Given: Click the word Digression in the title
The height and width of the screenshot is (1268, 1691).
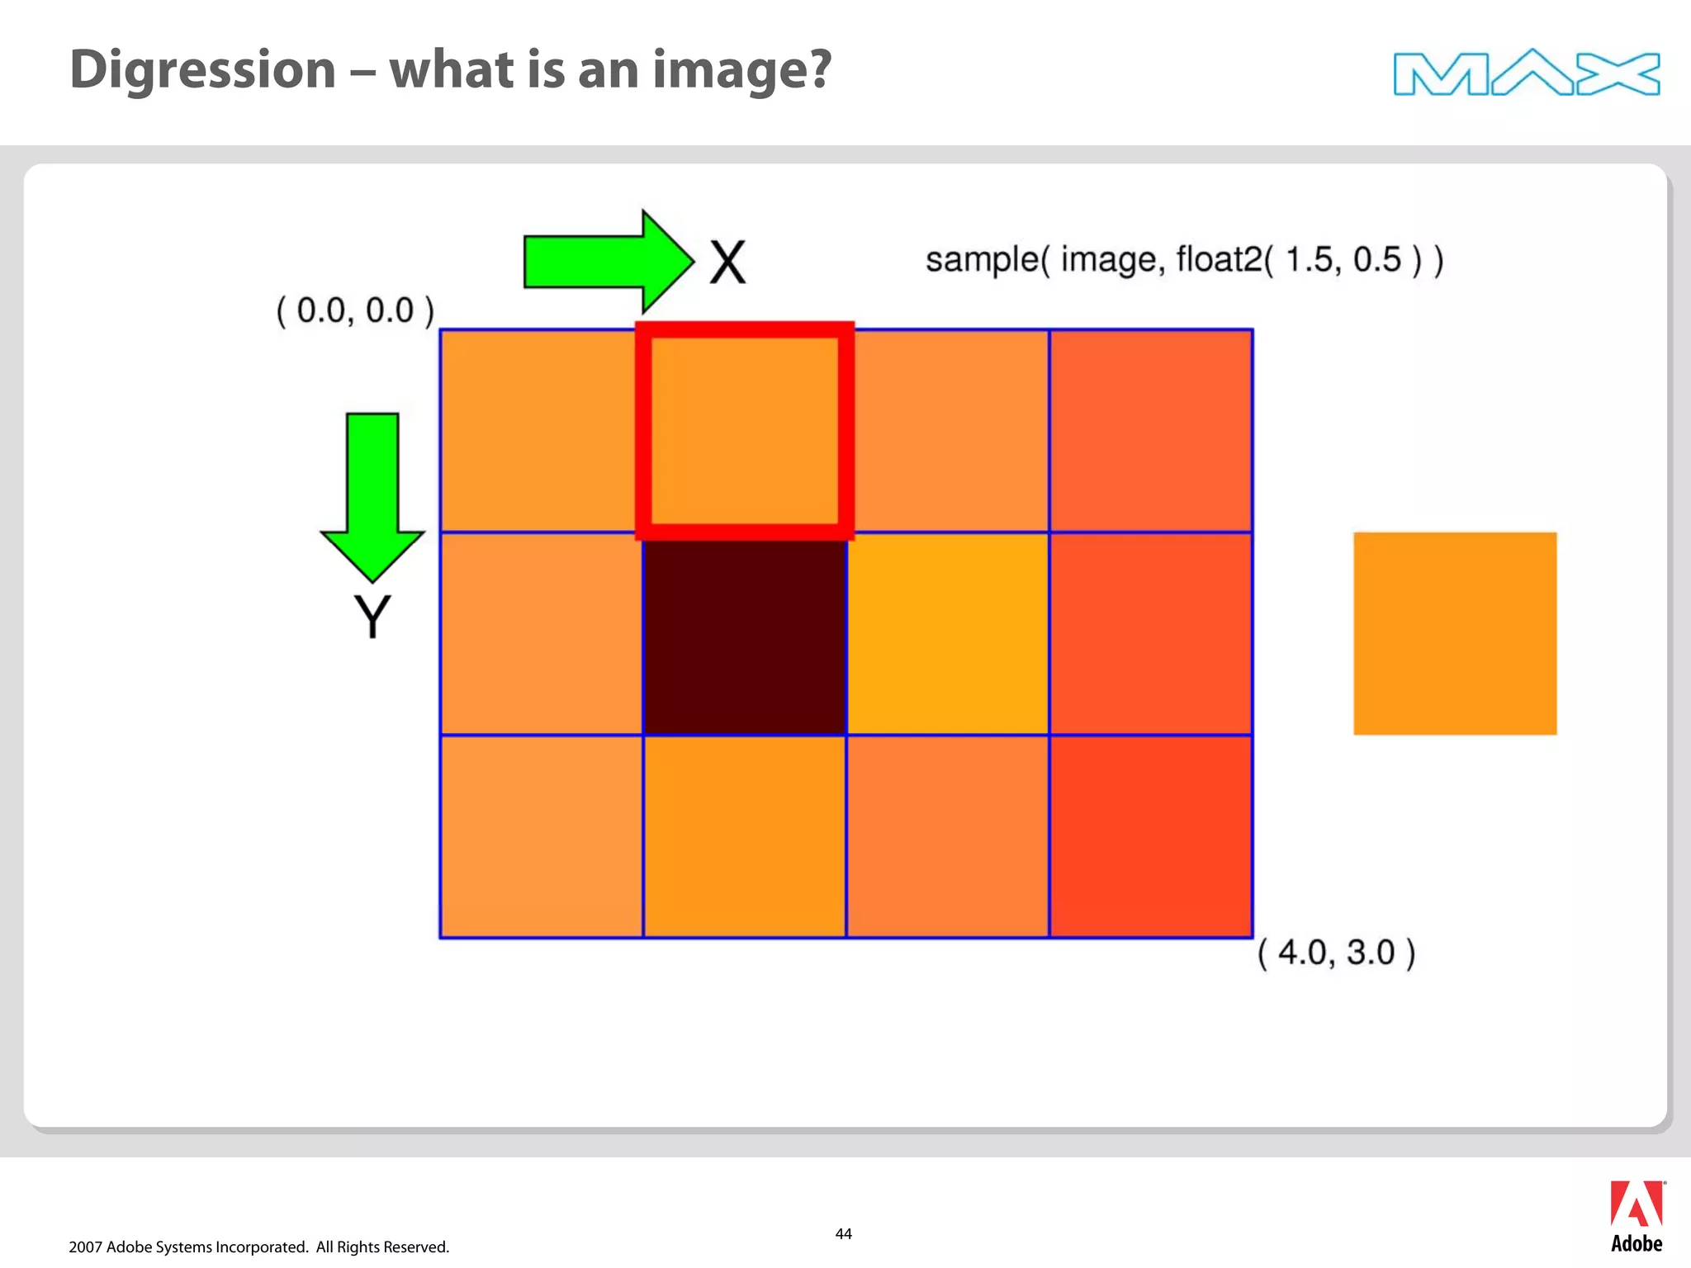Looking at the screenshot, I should (203, 69).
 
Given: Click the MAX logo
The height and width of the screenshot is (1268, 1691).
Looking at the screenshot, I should (1526, 73).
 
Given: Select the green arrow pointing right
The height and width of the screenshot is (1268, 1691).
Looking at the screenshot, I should (607, 261).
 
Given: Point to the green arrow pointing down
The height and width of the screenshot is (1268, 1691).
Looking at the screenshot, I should (372, 495).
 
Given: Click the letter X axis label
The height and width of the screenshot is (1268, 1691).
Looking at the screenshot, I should (727, 263).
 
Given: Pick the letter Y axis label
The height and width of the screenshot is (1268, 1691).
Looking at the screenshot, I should (372, 617).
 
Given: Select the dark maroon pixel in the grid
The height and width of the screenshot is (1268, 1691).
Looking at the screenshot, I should (745, 634).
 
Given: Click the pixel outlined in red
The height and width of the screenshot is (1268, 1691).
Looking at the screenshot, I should (745, 431).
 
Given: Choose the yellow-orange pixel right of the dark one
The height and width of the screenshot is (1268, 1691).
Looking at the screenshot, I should (948, 634).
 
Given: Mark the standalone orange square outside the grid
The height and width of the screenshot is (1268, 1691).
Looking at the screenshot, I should (1455, 634).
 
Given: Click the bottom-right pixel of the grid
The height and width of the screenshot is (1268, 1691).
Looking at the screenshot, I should (1151, 836).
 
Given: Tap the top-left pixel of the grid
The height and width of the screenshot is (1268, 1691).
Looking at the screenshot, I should (541, 431).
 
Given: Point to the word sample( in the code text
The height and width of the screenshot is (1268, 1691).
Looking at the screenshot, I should (987, 260).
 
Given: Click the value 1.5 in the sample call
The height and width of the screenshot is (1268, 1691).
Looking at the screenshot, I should (1309, 260).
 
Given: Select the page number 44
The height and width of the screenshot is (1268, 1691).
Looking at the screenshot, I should (843, 1234).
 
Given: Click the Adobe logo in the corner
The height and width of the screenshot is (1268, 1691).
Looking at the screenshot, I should (1637, 1216).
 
